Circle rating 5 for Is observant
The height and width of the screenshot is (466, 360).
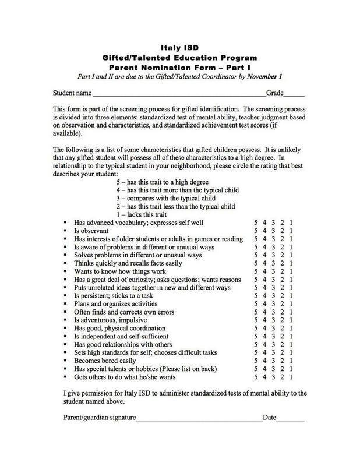[x=256, y=231]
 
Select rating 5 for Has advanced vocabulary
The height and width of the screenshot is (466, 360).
[x=256, y=223]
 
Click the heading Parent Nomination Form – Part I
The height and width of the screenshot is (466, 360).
[x=179, y=67]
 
